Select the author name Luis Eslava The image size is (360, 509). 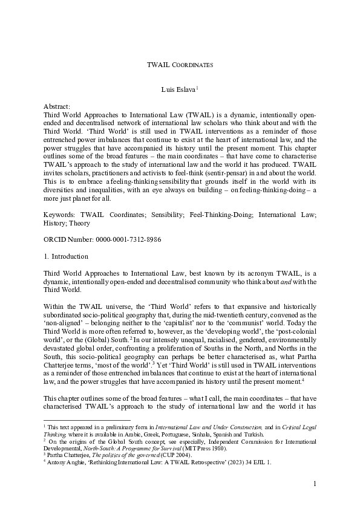tap(178, 89)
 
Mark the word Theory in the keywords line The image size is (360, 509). tap(79, 222)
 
